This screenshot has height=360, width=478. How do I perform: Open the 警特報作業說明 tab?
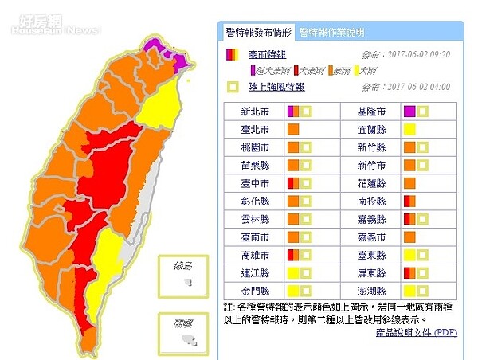point(331,33)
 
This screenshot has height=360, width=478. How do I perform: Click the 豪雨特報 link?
point(264,55)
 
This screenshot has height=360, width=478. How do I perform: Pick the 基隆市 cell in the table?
point(372,112)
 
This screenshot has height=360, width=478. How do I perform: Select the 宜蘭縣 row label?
point(372,129)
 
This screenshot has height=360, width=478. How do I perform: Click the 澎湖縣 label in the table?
point(372,291)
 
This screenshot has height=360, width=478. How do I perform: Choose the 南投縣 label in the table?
point(372,202)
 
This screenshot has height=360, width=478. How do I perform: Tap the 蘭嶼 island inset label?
point(184,322)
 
